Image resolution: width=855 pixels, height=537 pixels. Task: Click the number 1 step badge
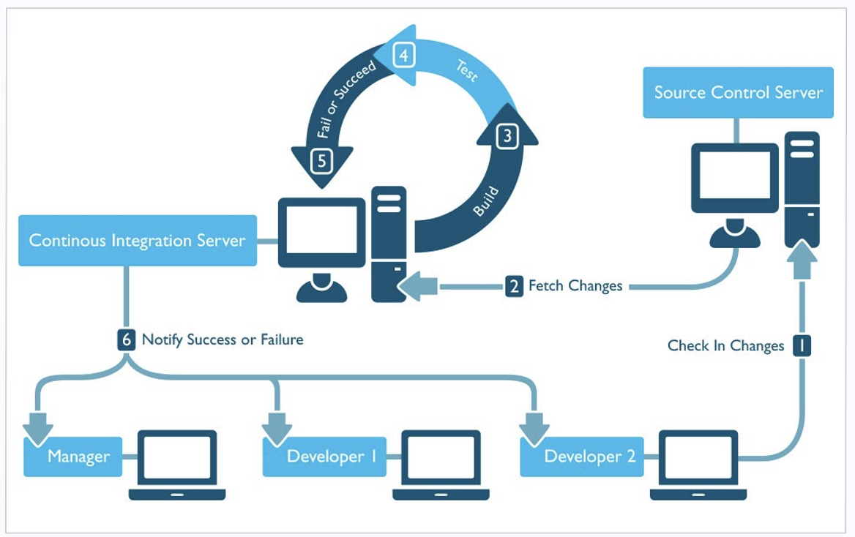[802, 345]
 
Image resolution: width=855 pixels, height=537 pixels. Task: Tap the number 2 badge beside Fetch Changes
[514, 285]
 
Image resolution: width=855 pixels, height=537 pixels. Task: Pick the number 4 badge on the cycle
[403, 55]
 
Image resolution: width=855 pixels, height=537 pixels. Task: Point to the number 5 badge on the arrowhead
[321, 161]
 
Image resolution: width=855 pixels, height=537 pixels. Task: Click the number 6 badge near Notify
[126, 339]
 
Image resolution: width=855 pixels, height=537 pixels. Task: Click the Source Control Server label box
[739, 92]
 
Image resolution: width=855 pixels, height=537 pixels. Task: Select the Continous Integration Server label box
[138, 241]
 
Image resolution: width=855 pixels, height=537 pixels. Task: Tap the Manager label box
[73, 457]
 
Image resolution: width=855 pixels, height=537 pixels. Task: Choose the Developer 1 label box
[325, 457]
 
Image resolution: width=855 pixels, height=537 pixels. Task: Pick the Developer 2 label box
[583, 457]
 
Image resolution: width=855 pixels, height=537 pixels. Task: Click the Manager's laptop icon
[177, 465]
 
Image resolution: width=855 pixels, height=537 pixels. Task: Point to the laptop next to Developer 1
[441, 465]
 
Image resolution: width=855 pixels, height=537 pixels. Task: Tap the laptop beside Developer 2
[698, 465]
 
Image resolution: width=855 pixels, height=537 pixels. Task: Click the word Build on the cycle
[486, 201]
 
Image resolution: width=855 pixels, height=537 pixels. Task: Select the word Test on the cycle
[467, 71]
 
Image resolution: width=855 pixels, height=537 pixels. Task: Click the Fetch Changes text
[575, 285]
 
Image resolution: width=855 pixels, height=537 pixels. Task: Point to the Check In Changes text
[725, 345]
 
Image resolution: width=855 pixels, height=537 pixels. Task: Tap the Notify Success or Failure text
[223, 339]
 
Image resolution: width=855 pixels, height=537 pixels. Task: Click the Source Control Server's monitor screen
[735, 175]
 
